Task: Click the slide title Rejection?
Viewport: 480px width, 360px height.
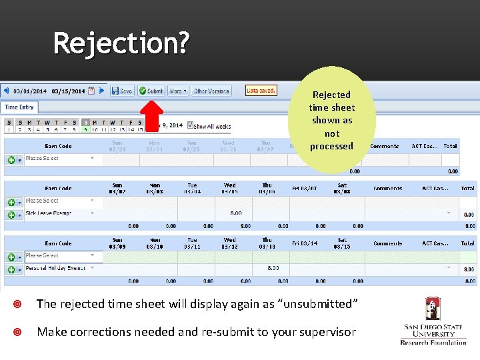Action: click(121, 43)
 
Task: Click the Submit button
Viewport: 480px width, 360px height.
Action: click(151, 91)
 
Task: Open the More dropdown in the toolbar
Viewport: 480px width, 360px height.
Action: click(177, 91)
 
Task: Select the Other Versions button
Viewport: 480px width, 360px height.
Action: click(211, 91)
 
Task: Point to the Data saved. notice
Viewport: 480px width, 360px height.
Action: click(261, 90)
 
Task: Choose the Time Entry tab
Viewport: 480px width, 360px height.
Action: click(19, 107)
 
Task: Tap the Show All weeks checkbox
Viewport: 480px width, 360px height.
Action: click(191, 125)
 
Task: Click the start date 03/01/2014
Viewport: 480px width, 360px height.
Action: click(30, 91)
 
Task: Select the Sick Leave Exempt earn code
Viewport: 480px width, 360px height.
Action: click(57, 213)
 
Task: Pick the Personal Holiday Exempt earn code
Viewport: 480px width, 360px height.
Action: click(57, 268)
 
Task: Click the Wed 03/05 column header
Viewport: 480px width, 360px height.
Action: click(229, 189)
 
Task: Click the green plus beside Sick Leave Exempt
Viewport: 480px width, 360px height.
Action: click(11, 215)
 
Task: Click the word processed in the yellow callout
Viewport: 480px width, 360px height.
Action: click(331, 146)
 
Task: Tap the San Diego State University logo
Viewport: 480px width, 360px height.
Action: click(433, 321)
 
